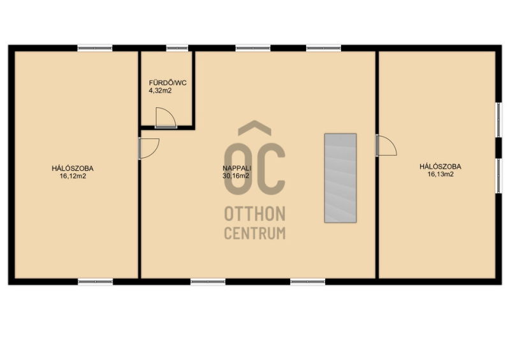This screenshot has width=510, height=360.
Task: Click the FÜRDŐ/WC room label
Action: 168,83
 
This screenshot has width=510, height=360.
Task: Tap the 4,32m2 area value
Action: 160,90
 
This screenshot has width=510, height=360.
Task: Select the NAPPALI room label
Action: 237,168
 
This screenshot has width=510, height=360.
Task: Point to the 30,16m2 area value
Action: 236,176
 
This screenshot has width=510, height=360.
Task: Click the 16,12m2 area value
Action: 73,176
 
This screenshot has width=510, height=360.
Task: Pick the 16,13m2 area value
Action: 441,175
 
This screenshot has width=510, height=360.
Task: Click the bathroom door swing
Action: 166,117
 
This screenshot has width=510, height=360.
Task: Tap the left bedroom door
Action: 149,148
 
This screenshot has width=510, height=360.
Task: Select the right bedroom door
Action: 386,145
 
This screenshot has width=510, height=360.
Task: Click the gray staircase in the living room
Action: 340,178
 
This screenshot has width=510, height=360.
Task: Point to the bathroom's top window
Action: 177,48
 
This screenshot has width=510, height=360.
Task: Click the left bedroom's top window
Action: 95,48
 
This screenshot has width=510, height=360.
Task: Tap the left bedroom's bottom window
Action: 95,282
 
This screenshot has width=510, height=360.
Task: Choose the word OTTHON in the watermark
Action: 254,213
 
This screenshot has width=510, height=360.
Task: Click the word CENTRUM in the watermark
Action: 255,233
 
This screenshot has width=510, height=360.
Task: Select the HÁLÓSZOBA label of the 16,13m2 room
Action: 441,166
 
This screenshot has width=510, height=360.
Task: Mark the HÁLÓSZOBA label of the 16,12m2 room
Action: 73,168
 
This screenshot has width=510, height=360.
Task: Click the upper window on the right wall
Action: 499,120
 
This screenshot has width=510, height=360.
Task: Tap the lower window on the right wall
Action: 499,176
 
